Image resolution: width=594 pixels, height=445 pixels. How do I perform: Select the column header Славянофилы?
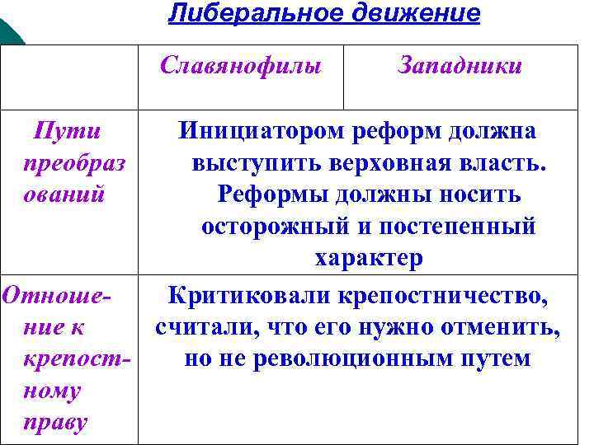click(x=241, y=65)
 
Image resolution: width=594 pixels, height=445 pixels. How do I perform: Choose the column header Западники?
click(x=460, y=65)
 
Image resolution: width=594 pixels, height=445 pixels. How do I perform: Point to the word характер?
click(x=368, y=257)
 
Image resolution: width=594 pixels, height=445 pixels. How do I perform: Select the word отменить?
click(x=505, y=327)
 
